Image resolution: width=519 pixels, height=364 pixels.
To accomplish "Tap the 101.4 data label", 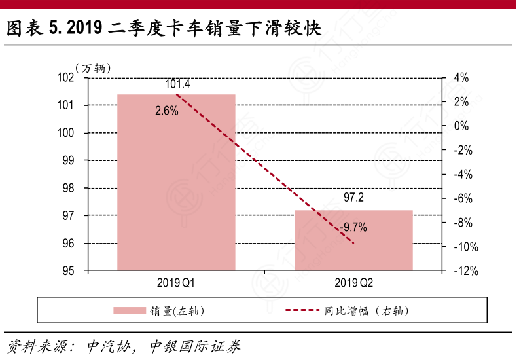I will click(177, 84).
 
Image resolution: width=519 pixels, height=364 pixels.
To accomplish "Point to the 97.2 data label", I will click(353, 198).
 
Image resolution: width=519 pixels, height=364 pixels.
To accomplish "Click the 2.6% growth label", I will click(167, 111).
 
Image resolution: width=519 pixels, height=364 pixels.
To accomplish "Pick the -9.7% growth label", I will click(353, 228).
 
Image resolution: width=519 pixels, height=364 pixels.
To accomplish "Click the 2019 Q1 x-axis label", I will click(175, 283).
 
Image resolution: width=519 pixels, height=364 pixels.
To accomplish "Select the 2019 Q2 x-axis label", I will click(353, 283).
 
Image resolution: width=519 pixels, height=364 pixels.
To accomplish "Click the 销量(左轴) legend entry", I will click(158, 311).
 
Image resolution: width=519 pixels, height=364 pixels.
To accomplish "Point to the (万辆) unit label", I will click(93, 67).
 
